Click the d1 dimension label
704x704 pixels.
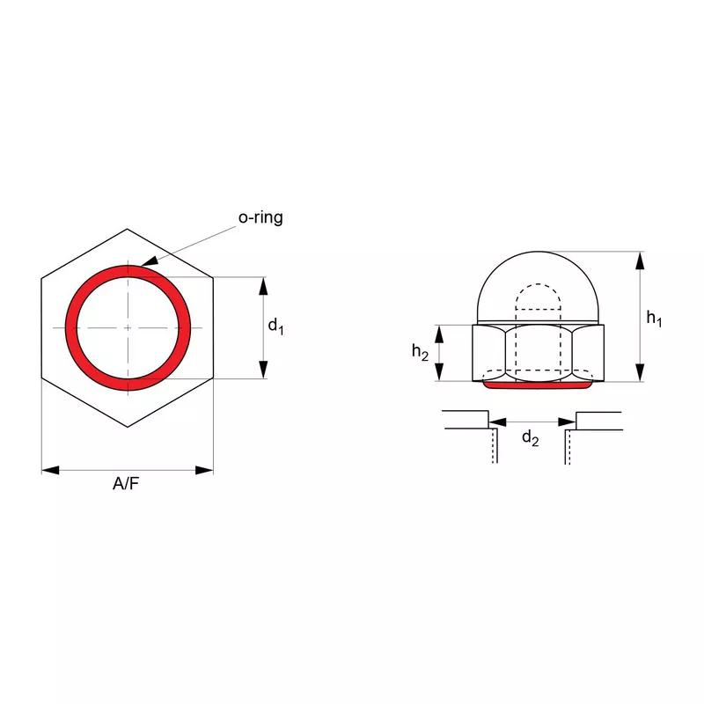click(275, 326)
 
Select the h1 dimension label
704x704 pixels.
click(654, 319)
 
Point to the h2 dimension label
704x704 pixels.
click(421, 352)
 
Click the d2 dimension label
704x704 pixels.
click(529, 437)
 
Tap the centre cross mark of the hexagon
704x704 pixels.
click(128, 327)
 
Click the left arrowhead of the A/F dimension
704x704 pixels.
click(49, 470)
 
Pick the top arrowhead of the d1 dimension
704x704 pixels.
click(262, 284)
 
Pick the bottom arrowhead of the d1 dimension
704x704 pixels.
click(262, 372)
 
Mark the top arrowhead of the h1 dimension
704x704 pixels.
click(640, 257)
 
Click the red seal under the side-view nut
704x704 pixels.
click(539, 385)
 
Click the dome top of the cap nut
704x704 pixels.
click(539, 253)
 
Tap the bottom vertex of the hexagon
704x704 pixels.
click(128, 427)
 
